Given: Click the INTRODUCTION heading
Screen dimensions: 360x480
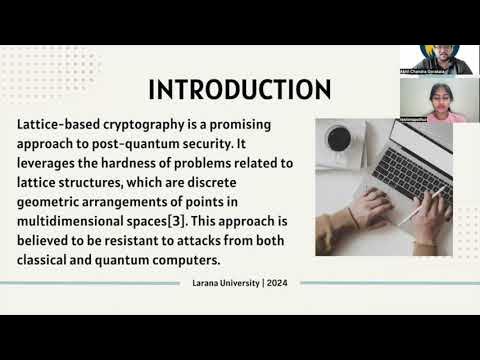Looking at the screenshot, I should tap(240, 90).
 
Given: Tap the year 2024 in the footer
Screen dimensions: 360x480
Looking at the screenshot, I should tap(276, 283).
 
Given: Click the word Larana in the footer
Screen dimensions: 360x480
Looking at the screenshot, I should tap(209, 283).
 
